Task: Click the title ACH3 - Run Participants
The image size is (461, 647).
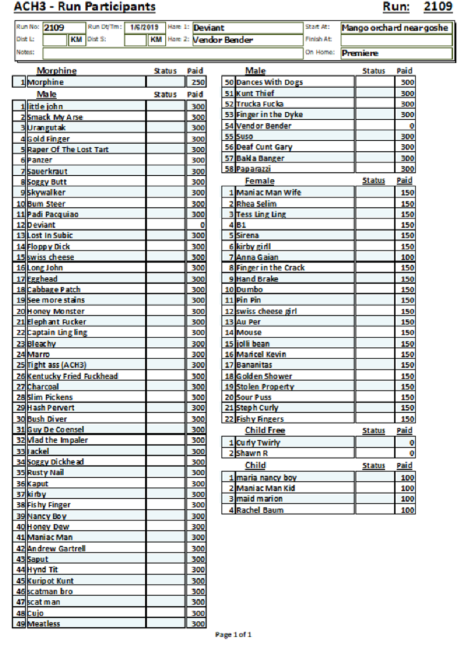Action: [x=85, y=7]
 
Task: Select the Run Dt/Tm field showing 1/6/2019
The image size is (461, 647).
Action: [x=145, y=27]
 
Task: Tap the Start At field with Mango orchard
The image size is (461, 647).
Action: [x=396, y=27]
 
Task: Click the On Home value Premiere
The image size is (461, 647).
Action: [x=361, y=53]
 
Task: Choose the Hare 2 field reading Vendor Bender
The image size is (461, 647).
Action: [x=223, y=40]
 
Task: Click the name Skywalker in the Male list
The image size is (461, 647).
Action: [x=46, y=193]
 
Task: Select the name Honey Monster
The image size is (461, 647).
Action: [x=56, y=312]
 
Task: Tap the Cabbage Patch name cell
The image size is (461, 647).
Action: [x=54, y=290]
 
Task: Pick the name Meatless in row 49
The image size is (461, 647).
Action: [x=44, y=624]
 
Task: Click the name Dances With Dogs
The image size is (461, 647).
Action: [x=269, y=82]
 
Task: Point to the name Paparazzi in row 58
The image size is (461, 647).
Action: [x=254, y=169]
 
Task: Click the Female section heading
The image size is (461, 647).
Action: [x=259, y=181]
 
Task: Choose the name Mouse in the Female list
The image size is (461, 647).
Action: [x=249, y=333]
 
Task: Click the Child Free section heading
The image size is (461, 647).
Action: [x=265, y=431]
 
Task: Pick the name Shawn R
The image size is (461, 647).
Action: [x=252, y=453]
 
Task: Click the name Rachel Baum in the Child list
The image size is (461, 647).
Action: [x=260, y=510]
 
